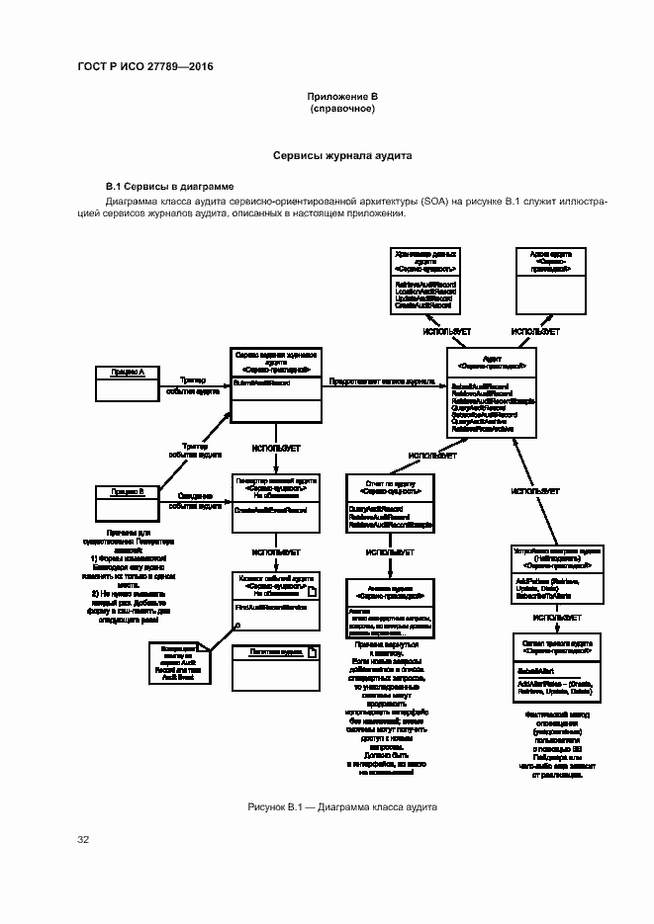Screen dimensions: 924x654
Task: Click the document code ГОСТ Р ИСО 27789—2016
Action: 144,67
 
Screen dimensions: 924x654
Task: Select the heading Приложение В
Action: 342,96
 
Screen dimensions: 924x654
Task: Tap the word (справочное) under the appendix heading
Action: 342,108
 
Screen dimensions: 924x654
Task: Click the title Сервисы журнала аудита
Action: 342,156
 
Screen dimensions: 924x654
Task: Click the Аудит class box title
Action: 491,360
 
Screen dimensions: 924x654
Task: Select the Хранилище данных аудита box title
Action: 425,259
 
